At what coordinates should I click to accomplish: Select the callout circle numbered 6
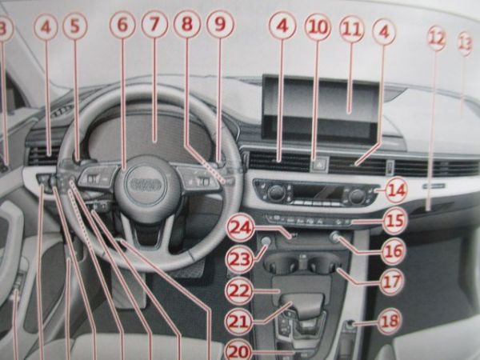[122, 27]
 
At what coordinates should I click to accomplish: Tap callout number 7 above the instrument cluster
[154, 26]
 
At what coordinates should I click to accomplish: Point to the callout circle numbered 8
[186, 26]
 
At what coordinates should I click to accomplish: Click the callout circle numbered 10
[318, 28]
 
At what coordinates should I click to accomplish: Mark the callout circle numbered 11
[350, 28]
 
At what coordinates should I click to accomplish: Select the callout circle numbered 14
[395, 191]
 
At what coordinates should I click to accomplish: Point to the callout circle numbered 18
[390, 322]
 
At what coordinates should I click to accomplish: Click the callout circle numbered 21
[238, 321]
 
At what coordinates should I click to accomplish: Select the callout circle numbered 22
[239, 289]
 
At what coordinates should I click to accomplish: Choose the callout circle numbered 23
[239, 258]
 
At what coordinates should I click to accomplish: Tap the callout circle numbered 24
[239, 227]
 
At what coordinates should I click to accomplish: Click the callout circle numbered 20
[238, 350]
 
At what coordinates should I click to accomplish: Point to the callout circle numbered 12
[436, 37]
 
